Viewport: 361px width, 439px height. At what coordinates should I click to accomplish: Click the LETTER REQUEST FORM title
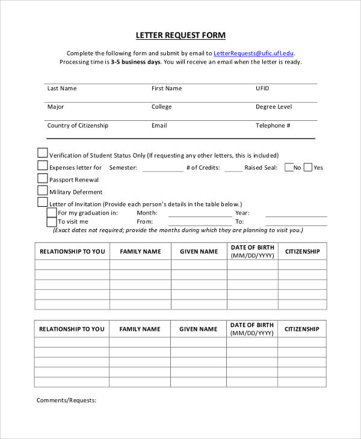[x=180, y=35]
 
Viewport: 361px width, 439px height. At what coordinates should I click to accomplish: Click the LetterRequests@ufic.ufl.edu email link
[x=254, y=53]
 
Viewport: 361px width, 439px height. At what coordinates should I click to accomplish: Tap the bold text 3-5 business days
[x=136, y=62]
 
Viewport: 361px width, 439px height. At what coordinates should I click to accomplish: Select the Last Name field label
[x=62, y=88]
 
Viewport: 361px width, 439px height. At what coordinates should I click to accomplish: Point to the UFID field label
[x=262, y=88]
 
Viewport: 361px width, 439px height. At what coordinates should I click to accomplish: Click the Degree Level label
[x=274, y=107]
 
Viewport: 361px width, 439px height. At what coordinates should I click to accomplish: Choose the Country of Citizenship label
[x=78, y=126]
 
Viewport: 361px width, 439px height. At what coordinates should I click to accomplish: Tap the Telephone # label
[x=273, y=126]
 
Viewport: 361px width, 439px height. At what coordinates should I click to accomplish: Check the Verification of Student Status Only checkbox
[x=43, y=153]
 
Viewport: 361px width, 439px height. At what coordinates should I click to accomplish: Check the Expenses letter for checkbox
[x=43, y=165]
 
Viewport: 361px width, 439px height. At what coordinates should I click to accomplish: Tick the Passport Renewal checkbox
[x=43, y=178]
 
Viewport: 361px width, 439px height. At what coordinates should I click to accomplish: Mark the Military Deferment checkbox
[x=43, y=190]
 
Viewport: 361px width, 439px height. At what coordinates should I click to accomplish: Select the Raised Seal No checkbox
[x=289, y=167]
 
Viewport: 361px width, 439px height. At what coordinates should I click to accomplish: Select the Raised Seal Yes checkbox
[x=308, y=167]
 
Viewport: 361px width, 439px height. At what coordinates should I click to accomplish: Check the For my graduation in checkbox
[x=52, y=212]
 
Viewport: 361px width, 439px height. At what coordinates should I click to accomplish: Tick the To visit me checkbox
[x=52, y=221]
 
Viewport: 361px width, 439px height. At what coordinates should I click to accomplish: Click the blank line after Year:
[x=296, y=215]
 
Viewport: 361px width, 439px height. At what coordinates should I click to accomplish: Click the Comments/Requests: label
[x=66, y=400]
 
